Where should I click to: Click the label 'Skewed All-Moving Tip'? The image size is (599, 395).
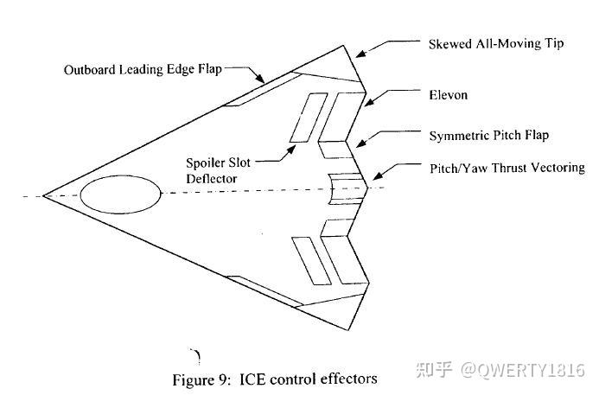pyautogui.click(x=495, y=43)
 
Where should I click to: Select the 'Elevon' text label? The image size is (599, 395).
pyautogui.click(x=449, y=95)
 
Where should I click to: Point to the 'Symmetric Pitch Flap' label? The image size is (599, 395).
pyautogui.click(x=488, y=136)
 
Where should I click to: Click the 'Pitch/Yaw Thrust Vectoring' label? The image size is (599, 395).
pyautogui.click(x=507, y=167)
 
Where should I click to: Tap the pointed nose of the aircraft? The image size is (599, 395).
pyautogui.click(x=44, y=196)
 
